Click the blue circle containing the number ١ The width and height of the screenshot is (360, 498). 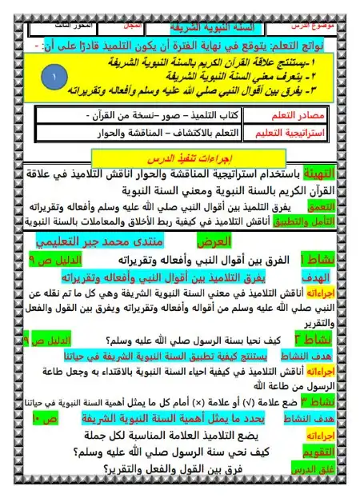[52, 78]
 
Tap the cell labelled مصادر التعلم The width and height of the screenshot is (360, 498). [308, 117]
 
